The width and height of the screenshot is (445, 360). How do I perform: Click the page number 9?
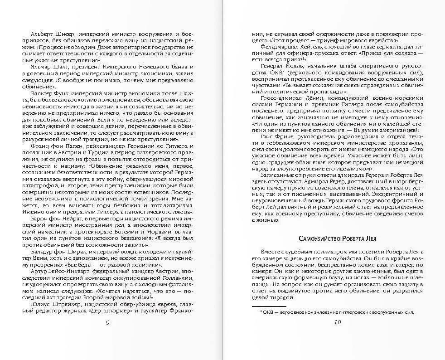point(106,322)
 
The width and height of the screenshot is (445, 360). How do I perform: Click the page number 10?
point(337,322)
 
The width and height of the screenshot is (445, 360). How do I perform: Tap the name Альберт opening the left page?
point(42,34)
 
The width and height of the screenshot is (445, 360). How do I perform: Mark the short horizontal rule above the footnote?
point(270,306)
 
